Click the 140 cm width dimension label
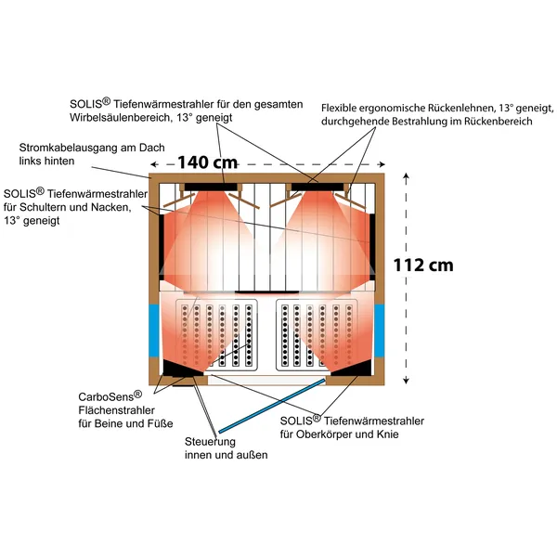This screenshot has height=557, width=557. tap(207, 162)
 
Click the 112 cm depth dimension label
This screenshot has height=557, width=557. tap(423, 265)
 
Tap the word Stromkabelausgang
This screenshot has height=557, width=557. tap(68, 148)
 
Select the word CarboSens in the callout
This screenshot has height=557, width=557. tap(106, 396)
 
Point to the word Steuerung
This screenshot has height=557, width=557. tap(210, 442)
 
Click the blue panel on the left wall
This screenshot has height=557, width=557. tap(154, 330)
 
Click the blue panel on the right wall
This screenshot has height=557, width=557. tap(380, 330)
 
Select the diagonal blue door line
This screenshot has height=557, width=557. tap(272, 406)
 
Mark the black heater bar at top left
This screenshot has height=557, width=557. tap(211, 187)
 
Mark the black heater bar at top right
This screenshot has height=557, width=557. tap(317, 187)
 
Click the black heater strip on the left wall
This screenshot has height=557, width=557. tap(161, 247)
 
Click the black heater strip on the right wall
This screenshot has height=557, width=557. tap(372, 247)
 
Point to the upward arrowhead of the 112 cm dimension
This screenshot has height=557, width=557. tap(407, 175)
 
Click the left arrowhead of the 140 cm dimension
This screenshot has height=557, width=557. tap(153, 164)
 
